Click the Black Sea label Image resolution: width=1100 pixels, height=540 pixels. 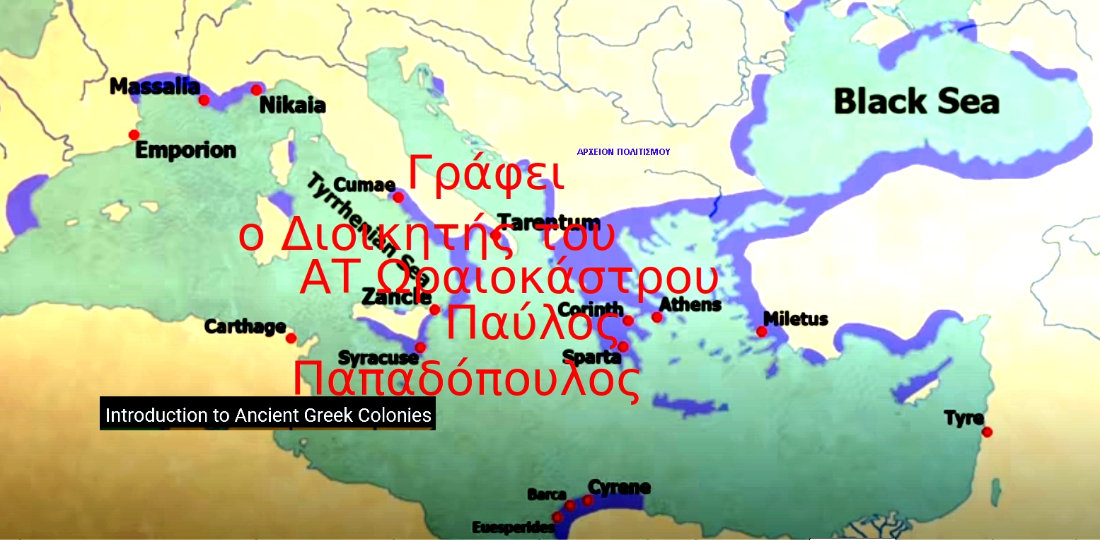[x=916, y=101]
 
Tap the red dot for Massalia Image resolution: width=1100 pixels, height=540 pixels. [x=204, y=100]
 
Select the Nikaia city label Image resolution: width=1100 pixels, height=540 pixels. [x=292, y=106]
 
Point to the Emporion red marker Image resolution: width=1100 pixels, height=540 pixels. [x=134, y=135]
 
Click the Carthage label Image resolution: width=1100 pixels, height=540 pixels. [x=245, y=327]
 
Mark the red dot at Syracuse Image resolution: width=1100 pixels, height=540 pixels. [x=420, y=347]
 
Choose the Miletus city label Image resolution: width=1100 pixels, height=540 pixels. [x=795, y=318]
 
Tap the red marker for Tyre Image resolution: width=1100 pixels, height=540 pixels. [x=987, y=432]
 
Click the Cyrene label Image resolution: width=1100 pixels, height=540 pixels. [x=619, y=487]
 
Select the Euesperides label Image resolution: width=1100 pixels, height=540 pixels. [x=513, y=527]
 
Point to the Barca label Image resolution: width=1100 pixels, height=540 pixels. [x=546, y=494]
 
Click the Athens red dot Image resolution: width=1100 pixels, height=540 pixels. [x=657, y=317]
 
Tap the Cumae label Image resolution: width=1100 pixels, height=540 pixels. [x=364, y=185]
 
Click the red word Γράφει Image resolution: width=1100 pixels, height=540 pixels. [x=486, y=173]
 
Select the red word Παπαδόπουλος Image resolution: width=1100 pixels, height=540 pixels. [x=466, y=380]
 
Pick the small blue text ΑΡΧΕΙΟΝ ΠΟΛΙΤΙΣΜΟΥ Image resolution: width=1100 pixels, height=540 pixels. [x=623, y=151]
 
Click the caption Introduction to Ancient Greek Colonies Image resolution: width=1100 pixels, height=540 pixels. [x=268, y=415]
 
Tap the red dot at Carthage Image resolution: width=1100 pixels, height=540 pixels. [x=291, y=338]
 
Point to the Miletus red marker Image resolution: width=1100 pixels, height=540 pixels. [x=762, y=331]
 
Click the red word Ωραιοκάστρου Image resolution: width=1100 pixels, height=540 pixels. [x=546, y=277]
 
